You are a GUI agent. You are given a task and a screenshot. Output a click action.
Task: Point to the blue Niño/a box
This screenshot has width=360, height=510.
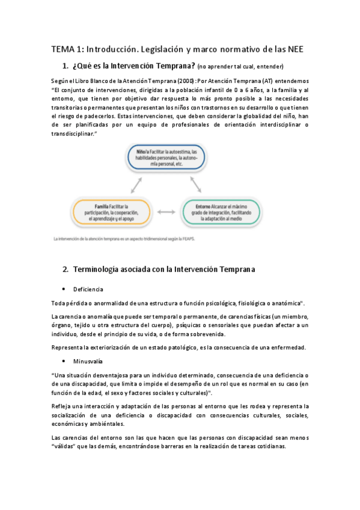pyautogui.click(x=166, y=158)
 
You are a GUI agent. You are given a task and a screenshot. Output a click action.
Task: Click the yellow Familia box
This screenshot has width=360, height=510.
pyautogui.click(x=111, y=212)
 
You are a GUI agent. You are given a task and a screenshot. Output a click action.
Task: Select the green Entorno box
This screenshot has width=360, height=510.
pyautogui.click(x=222, y=212)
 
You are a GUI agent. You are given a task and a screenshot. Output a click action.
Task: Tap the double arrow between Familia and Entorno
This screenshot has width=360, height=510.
pyautogui.click(x=166, y=212)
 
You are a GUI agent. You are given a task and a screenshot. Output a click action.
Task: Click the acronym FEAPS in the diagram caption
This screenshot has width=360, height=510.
pyautogui.click(x=197, y=239)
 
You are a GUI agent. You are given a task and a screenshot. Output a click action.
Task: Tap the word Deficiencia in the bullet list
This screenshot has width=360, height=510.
pyautogui.click(x=88, y=289)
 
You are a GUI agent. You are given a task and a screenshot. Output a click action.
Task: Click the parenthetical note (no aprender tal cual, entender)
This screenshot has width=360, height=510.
pyautogui.click(x=240, y=66)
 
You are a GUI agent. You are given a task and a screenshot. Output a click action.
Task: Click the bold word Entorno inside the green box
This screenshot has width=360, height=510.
pyautogui.click(x=204, y=206)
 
